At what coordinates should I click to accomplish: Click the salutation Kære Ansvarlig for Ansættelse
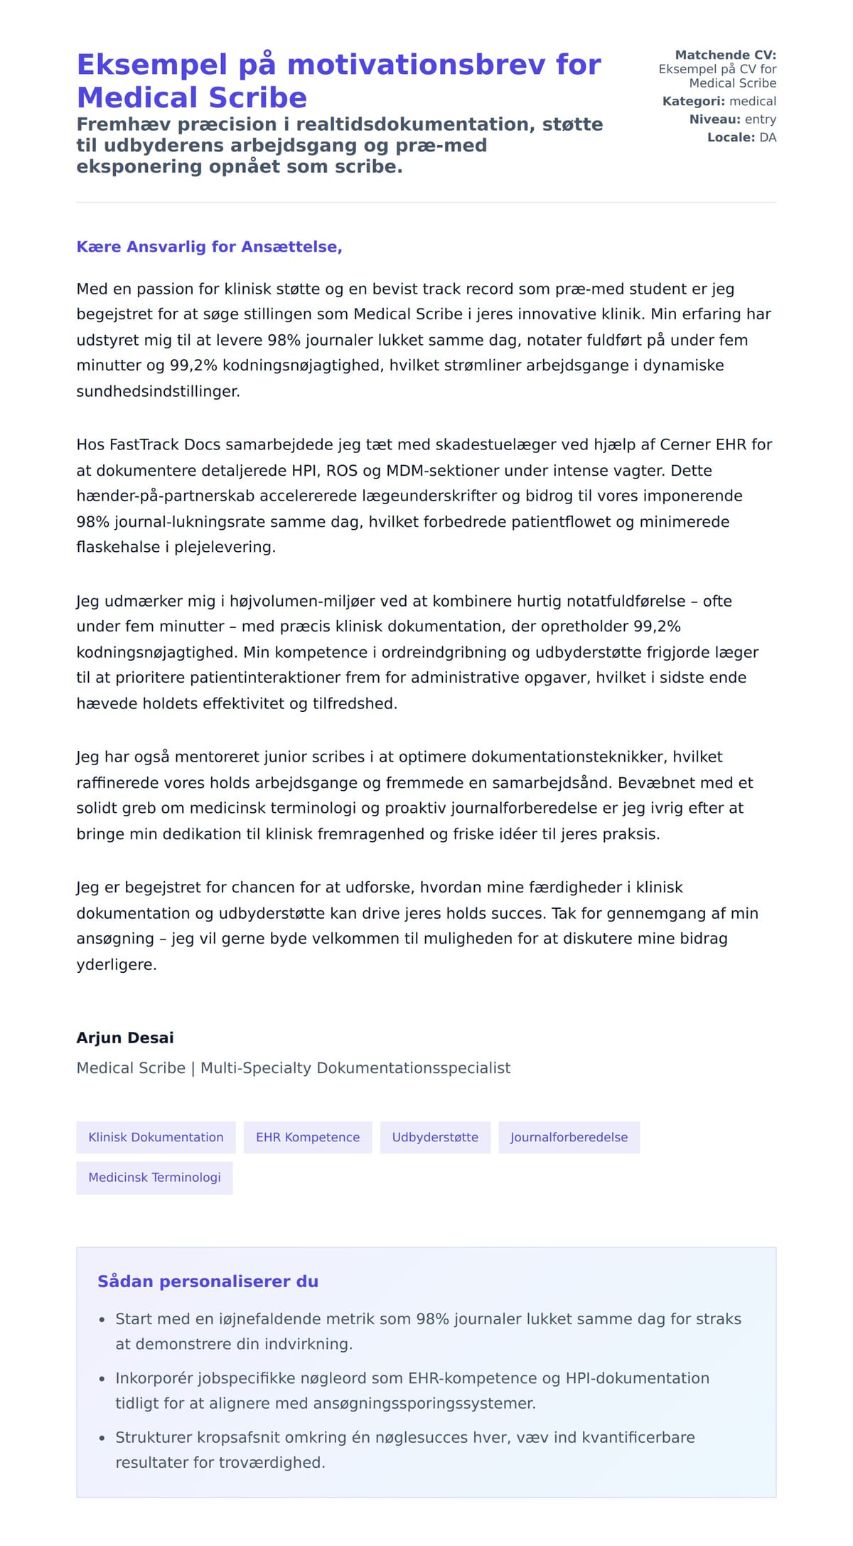tap(209, 247)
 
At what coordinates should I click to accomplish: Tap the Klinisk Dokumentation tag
tap(156, 1137)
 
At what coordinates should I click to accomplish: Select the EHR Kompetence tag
tap(308, 1137)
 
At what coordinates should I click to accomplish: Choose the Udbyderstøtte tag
tap(435, 1137)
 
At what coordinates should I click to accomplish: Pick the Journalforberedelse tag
tap(569, 1137)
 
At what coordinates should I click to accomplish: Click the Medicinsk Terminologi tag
tap(154, 1177)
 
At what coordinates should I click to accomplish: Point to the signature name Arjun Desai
tap(125, 1038)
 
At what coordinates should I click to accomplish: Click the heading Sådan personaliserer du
tap(208, 1281)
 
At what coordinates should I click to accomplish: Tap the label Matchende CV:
tap(725, 55)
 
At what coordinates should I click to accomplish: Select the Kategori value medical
tap(753, 101)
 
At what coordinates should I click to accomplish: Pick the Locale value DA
tap(768, 137)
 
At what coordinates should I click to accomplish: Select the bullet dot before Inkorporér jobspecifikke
tap(102, 1379)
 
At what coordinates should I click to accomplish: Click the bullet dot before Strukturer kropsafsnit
tap(102, 1438)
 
